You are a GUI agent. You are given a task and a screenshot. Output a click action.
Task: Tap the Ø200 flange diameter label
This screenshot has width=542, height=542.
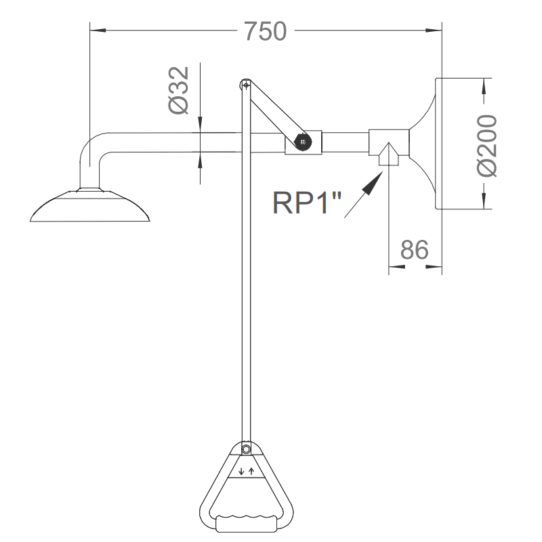486,145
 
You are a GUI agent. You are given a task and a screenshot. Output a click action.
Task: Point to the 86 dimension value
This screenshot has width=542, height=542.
414,250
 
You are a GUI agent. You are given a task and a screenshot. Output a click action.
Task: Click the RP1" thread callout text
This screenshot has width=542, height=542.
304,203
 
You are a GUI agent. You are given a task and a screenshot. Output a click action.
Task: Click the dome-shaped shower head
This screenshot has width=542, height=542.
89,207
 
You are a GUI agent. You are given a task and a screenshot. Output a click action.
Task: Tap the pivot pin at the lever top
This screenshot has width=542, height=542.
245,85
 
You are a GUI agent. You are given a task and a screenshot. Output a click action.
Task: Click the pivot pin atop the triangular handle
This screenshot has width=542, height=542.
246,449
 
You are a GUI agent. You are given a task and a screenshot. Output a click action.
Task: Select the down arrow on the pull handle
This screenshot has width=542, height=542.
241,470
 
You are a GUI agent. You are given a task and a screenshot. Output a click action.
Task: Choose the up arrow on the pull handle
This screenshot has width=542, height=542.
251,470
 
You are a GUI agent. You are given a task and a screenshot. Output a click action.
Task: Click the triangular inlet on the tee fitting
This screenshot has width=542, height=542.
389,154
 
